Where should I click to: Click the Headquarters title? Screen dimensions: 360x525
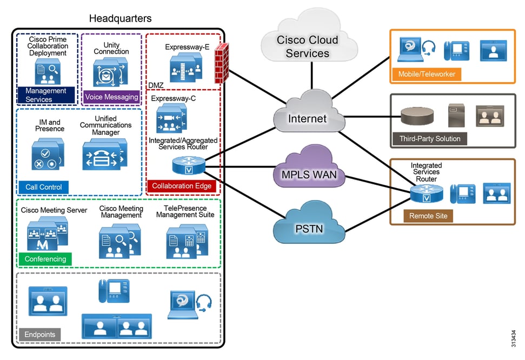(x=120, y=19)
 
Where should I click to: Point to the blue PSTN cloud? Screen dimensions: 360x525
(x=309, y=229)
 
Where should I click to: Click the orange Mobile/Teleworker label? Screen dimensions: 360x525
(x=427, y=74)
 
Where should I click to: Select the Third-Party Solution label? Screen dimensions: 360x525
(x=430, y=138)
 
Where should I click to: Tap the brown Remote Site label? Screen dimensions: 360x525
(x=428, y=216)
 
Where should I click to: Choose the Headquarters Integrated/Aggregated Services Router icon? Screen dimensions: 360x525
(x=183, y=165)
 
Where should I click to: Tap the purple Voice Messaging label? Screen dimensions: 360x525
(x=111, y=97)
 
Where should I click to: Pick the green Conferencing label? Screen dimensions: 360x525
(x=45, y=259)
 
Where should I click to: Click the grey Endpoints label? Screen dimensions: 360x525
(x=39, y=334)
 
